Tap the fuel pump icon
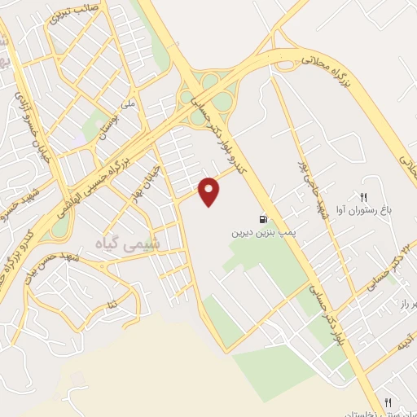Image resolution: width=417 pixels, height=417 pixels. pyautogui.click(x=261, y=219)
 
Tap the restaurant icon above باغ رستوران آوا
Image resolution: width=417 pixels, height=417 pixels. pyautogui.click(x=363, y=196)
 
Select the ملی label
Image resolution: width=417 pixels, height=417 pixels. pyautogui.click(x=126, y=104)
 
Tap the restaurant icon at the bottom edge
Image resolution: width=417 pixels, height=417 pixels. pyautogui.click(x=388, y=402)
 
